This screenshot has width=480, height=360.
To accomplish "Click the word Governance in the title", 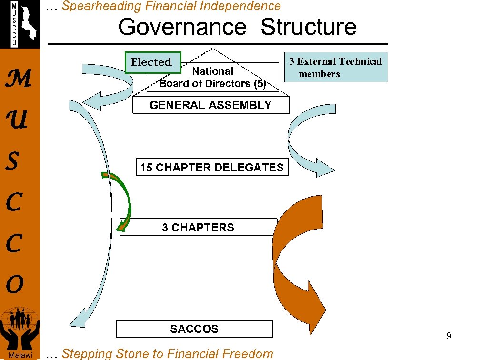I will point(181,27).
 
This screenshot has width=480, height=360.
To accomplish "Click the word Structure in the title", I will point(309,27).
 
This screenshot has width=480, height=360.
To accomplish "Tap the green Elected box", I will point(151,62).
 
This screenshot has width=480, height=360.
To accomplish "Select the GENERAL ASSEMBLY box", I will point(210,105).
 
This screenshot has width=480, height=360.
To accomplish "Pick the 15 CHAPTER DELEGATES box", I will point(212,168).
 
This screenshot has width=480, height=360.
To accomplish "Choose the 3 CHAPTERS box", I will point(198,228).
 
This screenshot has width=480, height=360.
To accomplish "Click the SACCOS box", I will point(194,329).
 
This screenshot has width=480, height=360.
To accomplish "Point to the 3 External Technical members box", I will point(336,67).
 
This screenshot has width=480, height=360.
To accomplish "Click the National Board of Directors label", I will point(212,78).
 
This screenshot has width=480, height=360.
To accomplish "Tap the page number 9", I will point(449,336).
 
